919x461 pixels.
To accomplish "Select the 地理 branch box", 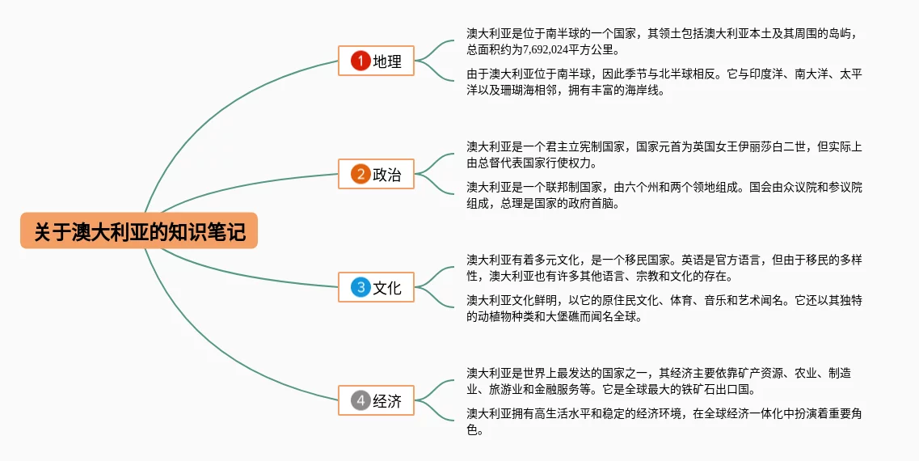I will tap(376, 61).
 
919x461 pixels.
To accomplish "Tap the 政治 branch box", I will tap(376, 174).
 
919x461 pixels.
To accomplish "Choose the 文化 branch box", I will tap(376, 286).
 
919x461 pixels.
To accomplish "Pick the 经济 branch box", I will tap(376, 400).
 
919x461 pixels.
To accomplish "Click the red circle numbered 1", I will tap(360, 61).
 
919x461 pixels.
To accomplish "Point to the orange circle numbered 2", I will tap(360, 174).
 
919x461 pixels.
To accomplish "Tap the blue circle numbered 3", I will tap(360, 286).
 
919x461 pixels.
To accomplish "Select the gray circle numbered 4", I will tap(360, 400).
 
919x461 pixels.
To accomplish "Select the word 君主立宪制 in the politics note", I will tap(570, 147).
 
